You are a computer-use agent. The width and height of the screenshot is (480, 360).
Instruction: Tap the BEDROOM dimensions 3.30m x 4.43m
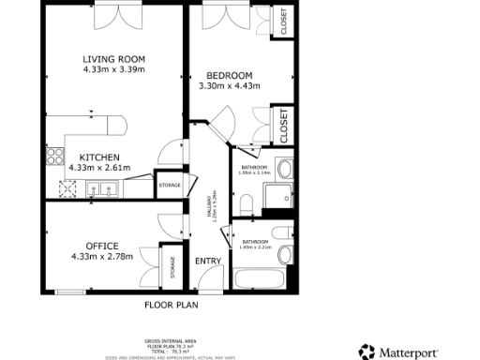(229, 86)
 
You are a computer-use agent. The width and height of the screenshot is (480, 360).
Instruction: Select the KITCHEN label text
(98, 157)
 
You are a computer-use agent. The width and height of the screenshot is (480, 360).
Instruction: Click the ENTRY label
(207, 261)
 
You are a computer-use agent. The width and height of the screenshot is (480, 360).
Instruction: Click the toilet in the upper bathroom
(246, 202)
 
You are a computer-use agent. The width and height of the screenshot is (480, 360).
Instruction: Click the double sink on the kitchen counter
(102, 189)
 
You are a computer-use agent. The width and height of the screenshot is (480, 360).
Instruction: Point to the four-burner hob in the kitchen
(68, 190)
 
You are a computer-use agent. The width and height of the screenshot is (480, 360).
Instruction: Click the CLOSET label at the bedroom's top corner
(284, 22)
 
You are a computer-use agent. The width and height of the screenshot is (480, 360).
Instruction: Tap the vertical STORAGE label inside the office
(172, 268)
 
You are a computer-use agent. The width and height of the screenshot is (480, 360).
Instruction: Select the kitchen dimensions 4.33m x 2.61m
(98, 168)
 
